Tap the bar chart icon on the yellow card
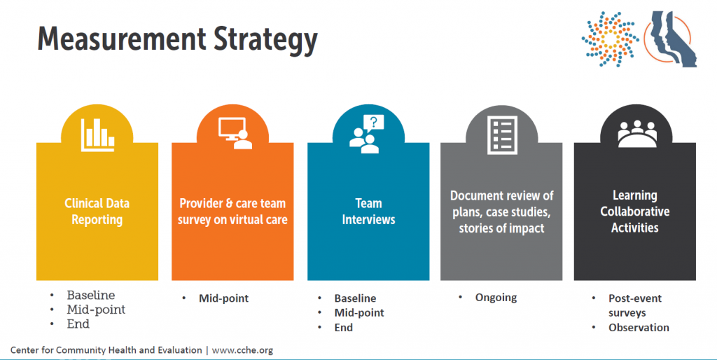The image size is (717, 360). pyautogui.click(x=97, y=135)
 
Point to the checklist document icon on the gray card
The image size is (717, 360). pyautogui.click(x=502, y=135)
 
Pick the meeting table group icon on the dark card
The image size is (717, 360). pyautogui.click(x=637, y=134)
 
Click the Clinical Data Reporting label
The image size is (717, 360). pyautogui.click(x=97, y=212)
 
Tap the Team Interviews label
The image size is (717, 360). pyautogui.click(x=368, y=212)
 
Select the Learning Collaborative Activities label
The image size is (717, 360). pyautogui.click(x=634, y=212)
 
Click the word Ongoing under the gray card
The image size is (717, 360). pyautogui.click(x=496, y=298)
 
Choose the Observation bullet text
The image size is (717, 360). pyautogui.click(x=639, y=328)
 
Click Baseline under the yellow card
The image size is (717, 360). pyautogui.click(x=90, y=295)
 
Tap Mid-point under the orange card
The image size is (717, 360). pyautogui.click(x=223, y=298)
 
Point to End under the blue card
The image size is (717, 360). pyautogui.click(x=343, y=328)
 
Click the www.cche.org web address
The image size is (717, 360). pyautogui.click(x=242, y=350)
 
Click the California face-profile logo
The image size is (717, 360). pyautogui.click(x=670, y=39)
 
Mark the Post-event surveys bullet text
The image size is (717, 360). pyautogui.click(x=634, y=305)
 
